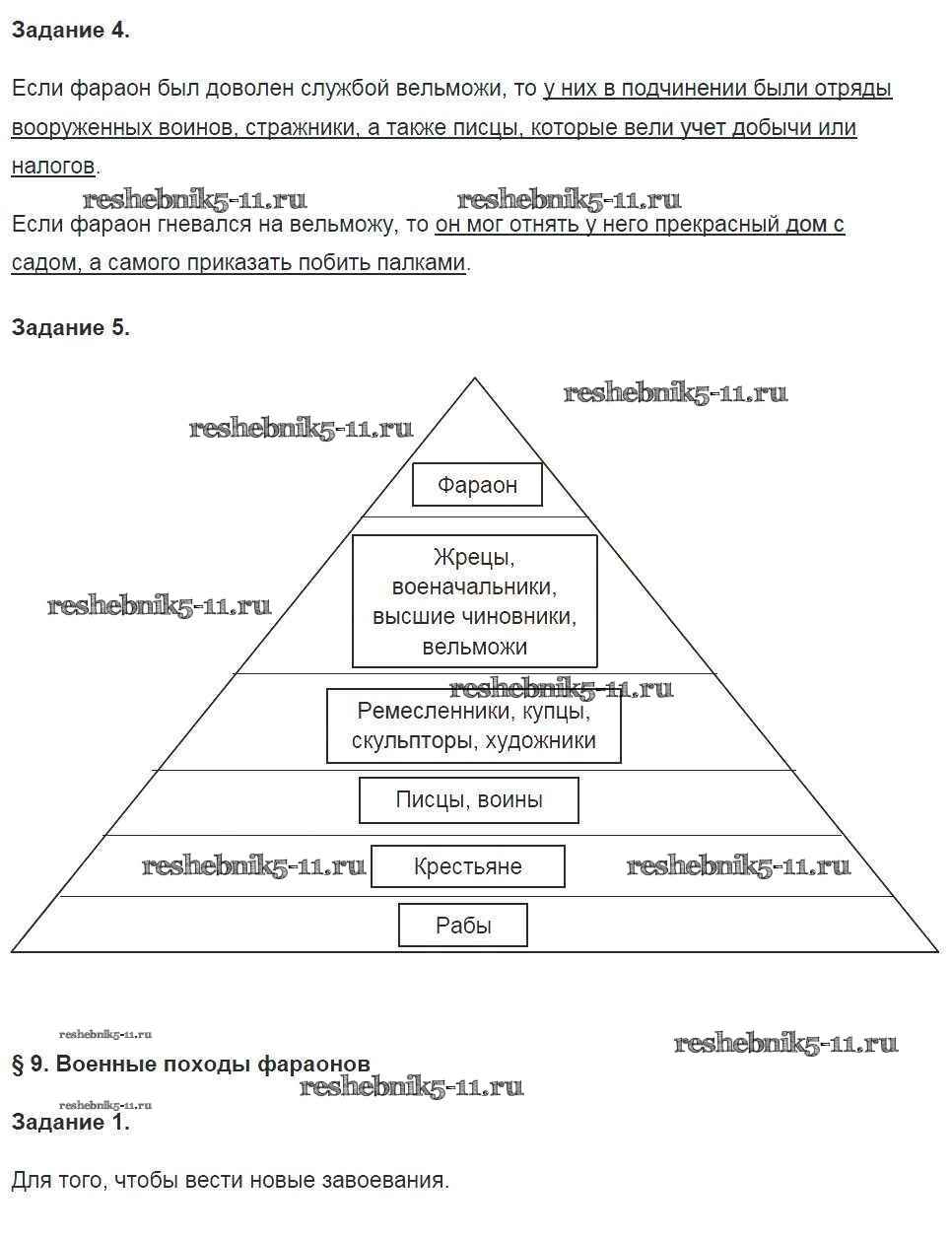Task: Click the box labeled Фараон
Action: pyautogui.click(x=477, y=485)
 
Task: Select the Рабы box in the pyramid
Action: pyautogui.click(x=463, y=926)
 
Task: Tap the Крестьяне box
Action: pyautogui.click(x=468, y=866)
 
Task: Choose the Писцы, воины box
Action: pyautogui.click(x=469, y=799)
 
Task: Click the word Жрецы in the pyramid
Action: pyautogui.click(x=474, y=557)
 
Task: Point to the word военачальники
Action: pyautogui.click(x=474, y=587)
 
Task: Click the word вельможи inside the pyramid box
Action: pyautogui.click(x=474, y=647)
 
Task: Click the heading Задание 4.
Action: pyautogui.click(x=70, y=31)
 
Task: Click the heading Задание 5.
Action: pyautogui.click(x=70, y=328)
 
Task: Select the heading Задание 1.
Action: pyautogui.click(x=70, y=1122)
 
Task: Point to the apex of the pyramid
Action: pyautogui.click(x=475, y=379)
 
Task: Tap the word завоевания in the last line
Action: pyautogui.click(x=387, y=1180)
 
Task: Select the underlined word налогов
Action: pyautogui.click(x=53, y=166)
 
